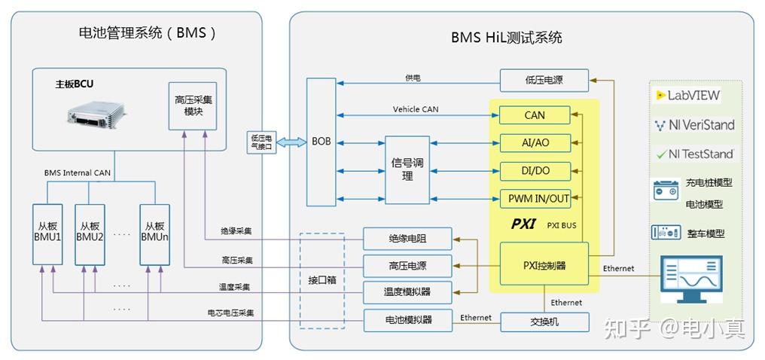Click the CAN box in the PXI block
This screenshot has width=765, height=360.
click(535, 115)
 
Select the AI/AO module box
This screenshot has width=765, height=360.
click(535, 143)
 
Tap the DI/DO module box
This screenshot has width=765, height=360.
click(535, 171)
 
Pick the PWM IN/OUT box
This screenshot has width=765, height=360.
click(535, 199)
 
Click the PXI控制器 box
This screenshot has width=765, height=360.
click(544, 265)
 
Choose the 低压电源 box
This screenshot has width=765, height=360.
click(544, 79)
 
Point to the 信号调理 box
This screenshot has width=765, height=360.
click(407, 169)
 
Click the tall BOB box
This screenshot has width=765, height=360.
click(322, 142)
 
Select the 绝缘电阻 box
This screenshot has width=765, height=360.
click(407, 239)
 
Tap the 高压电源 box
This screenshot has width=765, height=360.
click(407, 265)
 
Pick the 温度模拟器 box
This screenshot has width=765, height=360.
click(407, 291)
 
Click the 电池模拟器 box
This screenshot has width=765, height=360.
click(407, 319)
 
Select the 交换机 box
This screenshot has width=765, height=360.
click(544, 322)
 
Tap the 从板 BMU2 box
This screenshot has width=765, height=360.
click(90, 231)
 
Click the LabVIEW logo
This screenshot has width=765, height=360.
click(688, 96)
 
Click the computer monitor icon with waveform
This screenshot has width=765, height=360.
click(690, 278)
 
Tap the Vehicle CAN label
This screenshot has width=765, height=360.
click(415, 109)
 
